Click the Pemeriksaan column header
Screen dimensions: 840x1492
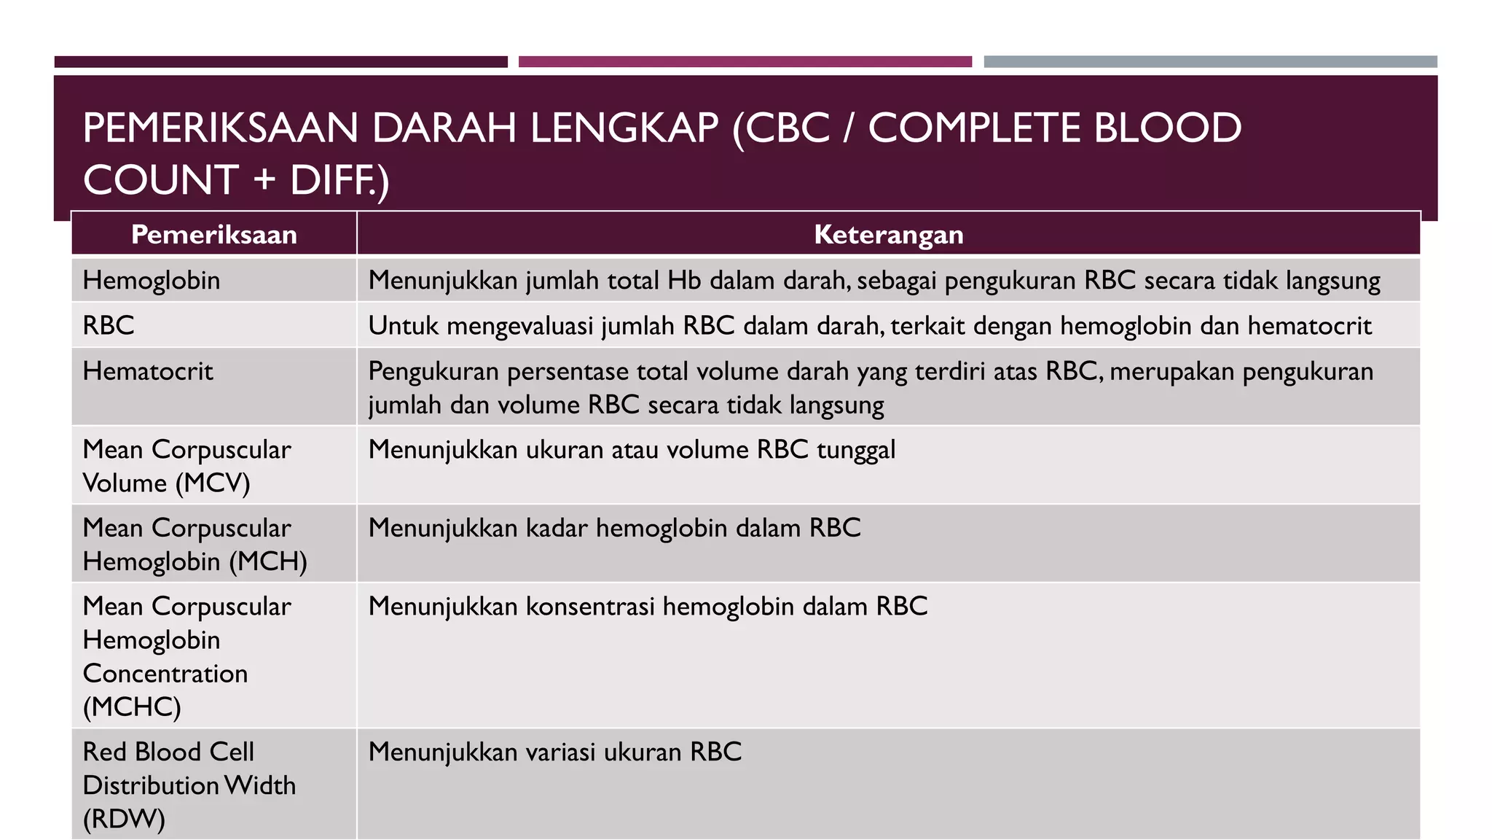[x=213, y=235]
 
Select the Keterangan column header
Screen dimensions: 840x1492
[x=888, y=235]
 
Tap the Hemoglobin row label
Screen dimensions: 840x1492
[x=152, y=281]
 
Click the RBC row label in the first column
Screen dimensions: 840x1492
[x=109, y=326]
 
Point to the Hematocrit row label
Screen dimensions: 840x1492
[x=148, y=372]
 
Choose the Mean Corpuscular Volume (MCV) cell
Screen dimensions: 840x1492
[x=186, y=466]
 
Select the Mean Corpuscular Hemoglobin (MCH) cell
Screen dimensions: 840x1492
[x=195, y=545]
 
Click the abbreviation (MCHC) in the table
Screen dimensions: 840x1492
[x=132, y=707]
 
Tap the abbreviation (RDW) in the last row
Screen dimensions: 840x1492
[x=124, y=819]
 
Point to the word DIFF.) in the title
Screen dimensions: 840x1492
[x=339, y=180]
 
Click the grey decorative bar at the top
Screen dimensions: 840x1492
[x=1210, y=62]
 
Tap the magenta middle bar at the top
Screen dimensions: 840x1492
[x=745, y=62]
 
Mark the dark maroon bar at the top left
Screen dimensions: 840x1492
[x=280, y=62]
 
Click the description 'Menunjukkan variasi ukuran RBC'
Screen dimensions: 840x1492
[x=554, y=752]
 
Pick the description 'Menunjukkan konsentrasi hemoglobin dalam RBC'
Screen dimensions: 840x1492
[x=648, y=607]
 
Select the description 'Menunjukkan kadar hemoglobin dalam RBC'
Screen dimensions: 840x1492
[x=614, y=528]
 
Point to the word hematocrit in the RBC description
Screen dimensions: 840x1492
[x=1309, y=326]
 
